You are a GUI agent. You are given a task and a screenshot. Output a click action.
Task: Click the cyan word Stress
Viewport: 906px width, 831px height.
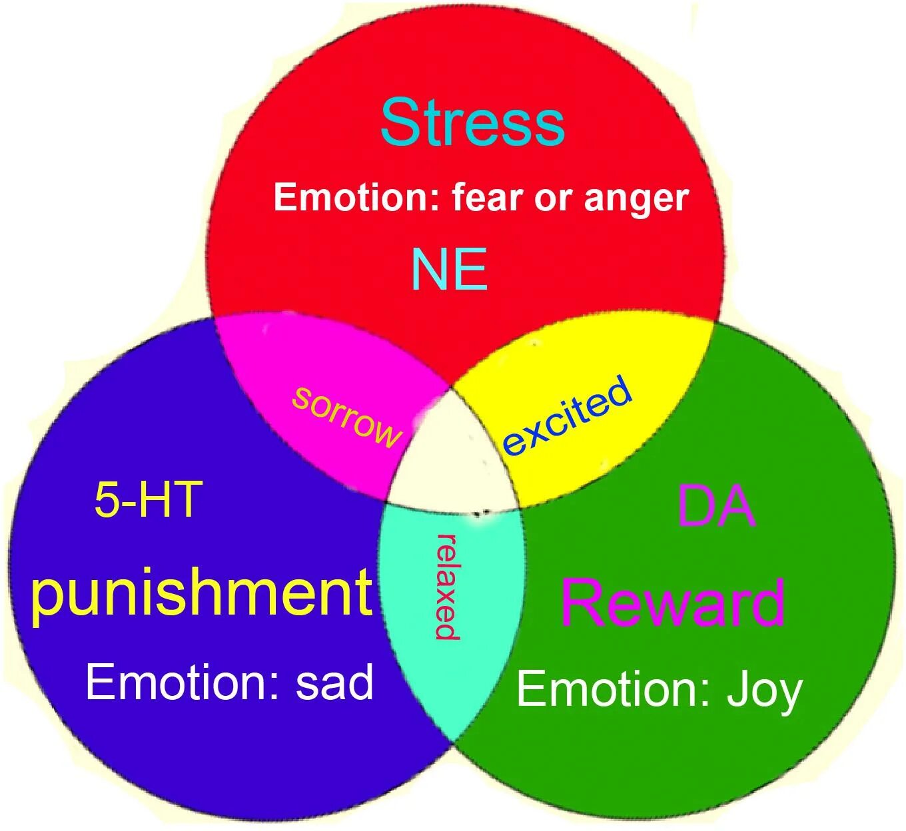[472, 123]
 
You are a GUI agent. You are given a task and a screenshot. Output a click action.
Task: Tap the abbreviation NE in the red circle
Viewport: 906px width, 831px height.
[450, 269]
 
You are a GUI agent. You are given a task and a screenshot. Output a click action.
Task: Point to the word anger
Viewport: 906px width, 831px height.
[636, 199]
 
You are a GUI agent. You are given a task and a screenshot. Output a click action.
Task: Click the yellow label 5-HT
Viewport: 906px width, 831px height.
[148, 499]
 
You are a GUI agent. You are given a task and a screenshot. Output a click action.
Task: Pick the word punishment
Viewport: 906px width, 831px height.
[201, 594]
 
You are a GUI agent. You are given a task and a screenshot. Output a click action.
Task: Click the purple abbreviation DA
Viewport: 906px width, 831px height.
[715, 506]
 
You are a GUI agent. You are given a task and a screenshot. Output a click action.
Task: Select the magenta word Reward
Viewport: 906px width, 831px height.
[672, 603]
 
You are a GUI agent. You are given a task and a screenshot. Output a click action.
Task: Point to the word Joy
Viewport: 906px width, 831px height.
[764, 691]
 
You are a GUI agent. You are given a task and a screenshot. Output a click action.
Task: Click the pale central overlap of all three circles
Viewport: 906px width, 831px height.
[453, 456]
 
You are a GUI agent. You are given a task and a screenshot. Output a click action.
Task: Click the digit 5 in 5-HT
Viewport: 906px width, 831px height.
[105, 499]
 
